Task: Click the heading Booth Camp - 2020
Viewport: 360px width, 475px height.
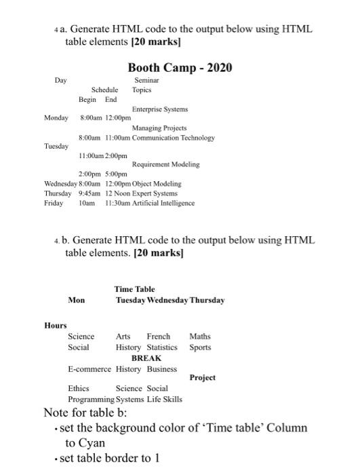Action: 180,67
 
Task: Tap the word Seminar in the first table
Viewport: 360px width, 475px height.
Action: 146,81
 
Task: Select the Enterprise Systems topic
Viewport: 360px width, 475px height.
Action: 160,109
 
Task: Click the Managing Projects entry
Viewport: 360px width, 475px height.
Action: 159,128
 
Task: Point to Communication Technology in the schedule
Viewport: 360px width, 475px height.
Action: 174,137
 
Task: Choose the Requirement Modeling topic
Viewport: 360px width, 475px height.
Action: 166,164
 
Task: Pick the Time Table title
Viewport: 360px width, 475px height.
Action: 134,289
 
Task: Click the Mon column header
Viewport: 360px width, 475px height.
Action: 77,300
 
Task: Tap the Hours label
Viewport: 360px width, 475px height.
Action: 56,326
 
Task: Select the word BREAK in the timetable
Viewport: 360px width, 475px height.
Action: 146,358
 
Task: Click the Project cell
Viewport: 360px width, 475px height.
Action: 203,377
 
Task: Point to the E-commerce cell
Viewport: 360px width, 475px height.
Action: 89,369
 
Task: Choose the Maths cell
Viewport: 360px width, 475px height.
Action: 200,336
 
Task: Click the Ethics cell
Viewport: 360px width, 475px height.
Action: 79,389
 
